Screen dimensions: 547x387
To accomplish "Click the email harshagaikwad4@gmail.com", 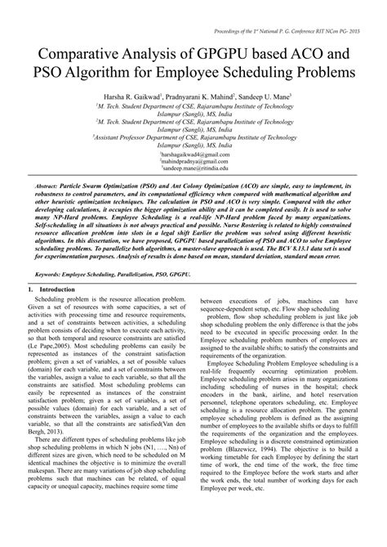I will (193, 154).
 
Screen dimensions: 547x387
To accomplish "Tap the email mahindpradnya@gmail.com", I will (193, 161).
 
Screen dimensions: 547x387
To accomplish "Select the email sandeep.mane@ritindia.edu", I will (193, 168).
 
